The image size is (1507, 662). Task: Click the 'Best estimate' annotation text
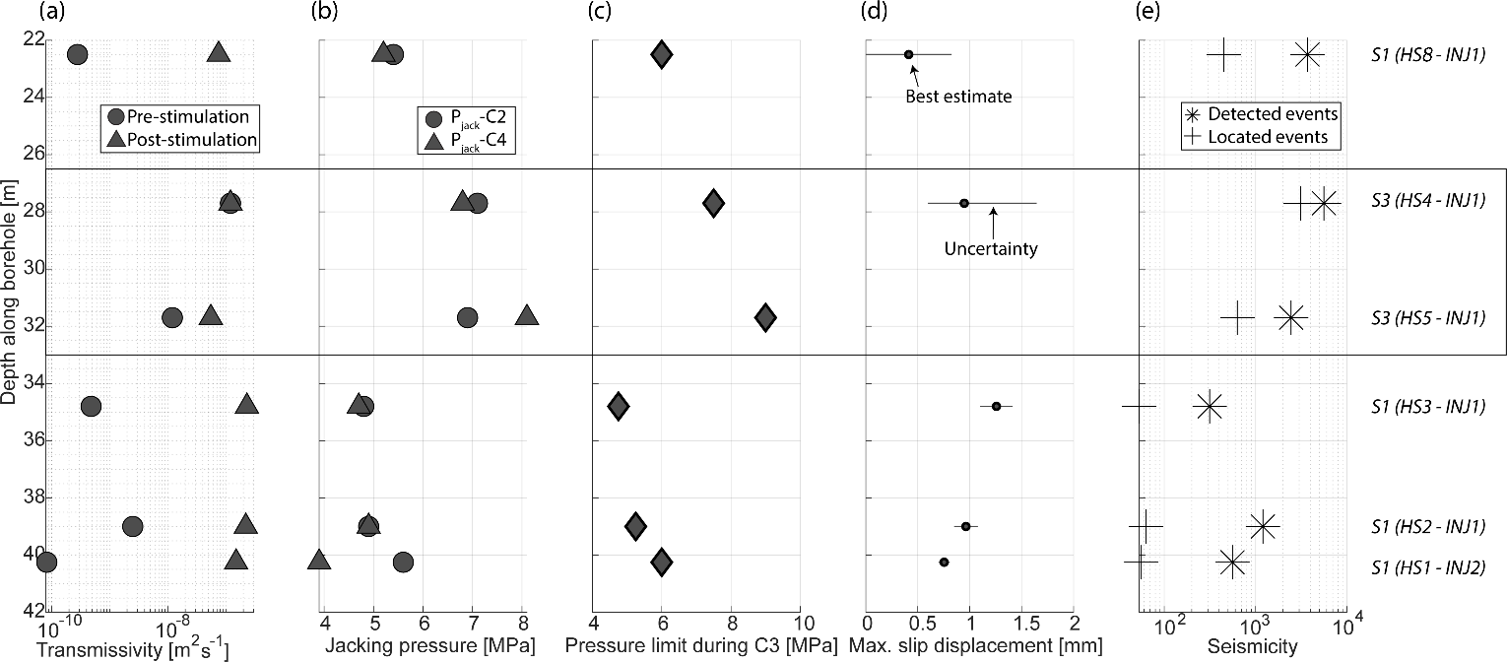[959, 97]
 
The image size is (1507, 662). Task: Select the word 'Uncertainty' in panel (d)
[991, 249]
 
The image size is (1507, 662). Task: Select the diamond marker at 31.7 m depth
[765, 317]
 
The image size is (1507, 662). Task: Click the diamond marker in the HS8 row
[662, 54]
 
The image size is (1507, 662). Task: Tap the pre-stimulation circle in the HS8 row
[77, 54]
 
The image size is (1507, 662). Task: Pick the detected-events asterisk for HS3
[1209, 406]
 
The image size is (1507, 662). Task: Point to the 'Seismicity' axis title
[1241, 646]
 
